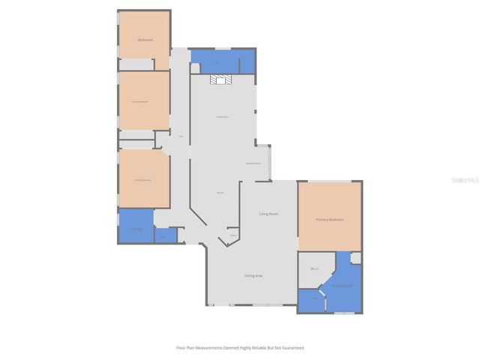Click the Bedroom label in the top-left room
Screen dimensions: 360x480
[x=145, y=39]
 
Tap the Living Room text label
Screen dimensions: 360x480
[x=268, y=214]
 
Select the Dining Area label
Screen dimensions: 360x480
[x=253, y=276]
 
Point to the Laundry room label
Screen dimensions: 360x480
[x=136, y=229]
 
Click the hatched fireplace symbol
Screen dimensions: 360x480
[x=221, y=79]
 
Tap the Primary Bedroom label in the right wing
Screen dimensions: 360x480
[x=329, y=220]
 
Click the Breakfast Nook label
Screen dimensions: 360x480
[x=253, y=163]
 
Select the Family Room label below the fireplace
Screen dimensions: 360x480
[x=222, y=117]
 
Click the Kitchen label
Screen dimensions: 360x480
[x=220, y=193]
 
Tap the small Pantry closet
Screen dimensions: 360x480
[x=232, y=235]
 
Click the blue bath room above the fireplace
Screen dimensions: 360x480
[x=223, y=60]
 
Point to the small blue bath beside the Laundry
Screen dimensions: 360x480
[x=165, y=235]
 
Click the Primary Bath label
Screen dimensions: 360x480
[x=342, y=286]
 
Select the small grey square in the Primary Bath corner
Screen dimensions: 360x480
[x=355, y=257]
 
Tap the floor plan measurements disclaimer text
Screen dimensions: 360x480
[x=240, y=348]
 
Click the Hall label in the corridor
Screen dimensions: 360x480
[x=181, y=136]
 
